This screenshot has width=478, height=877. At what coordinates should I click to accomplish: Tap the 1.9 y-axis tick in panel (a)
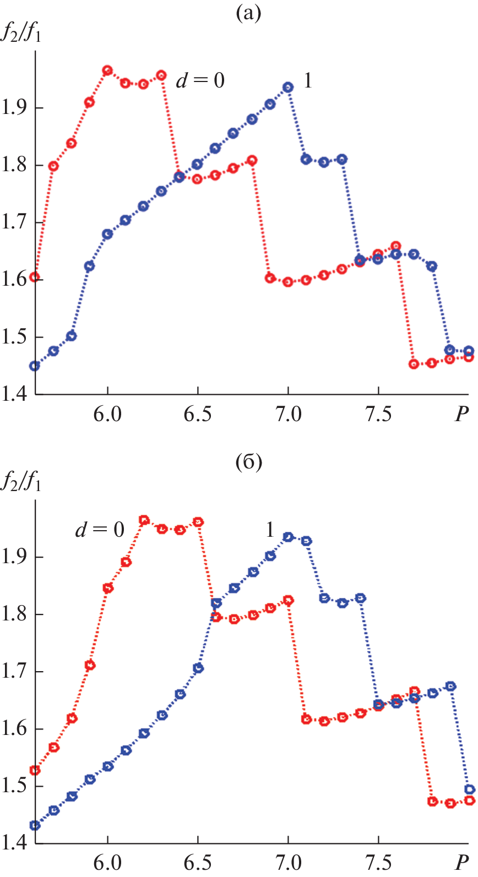coord(15,108)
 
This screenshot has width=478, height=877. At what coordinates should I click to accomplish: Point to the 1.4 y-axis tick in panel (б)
coord(15,843)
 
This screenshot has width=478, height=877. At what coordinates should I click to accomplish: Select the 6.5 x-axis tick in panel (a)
coord(198,414)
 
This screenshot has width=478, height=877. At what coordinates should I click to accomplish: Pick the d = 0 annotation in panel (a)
coord(200,81)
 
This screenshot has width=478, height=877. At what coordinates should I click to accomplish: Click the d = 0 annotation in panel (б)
coord(100,530)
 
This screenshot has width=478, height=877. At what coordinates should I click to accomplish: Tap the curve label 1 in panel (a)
coord(308,81)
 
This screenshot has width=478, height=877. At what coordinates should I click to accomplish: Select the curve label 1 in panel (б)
coord(269,530)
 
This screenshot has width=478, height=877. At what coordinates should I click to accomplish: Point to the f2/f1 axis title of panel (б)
coord(21,483)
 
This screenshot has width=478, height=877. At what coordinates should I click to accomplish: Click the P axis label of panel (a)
coord(461,414)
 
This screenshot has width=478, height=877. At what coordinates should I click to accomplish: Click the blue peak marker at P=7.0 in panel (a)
coord(288,87)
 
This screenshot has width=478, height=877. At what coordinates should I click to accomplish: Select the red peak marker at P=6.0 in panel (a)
coord(107,70)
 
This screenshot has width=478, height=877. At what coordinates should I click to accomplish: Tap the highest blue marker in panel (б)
coord(288,537)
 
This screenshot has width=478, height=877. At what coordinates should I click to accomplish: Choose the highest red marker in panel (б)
coord(144,520)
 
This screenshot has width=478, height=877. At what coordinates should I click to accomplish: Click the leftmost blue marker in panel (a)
coord(35,366)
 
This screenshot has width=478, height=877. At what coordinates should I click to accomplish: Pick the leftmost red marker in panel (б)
coord(35,770)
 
